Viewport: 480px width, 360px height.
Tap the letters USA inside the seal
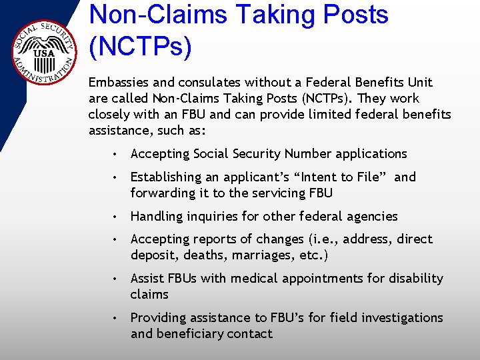coord(43,52)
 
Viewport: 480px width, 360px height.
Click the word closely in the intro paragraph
coord(109,115)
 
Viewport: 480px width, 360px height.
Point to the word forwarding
coord(162,193)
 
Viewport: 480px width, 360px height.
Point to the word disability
coord(416,279)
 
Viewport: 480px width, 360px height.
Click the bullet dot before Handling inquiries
coord(116,217)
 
